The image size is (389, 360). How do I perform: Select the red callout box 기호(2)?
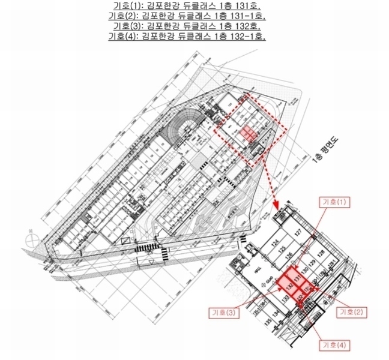352,311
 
